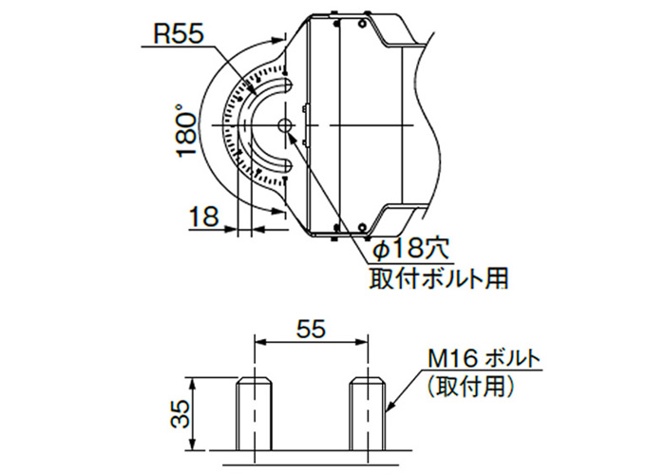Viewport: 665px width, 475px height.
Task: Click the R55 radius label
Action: click(179, 34)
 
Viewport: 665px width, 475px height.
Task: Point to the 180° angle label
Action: click(187, 131)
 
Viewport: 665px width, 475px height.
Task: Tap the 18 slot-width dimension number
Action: click(203, 216)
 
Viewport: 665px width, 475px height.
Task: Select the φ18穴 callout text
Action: click(409, 249)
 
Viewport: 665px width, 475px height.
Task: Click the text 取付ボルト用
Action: click(439, 278)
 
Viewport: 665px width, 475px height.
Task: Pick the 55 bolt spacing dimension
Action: click(311, 329)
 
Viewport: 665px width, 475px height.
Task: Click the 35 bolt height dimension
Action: click(180, 414)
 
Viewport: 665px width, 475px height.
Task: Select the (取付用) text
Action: click(471, 387)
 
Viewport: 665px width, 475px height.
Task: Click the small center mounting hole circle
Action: click(285, 125)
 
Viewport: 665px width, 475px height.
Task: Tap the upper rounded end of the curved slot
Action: click(285, 85)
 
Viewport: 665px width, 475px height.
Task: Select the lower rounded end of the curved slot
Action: click(285, 165)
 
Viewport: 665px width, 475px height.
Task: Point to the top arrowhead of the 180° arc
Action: click(277, 40)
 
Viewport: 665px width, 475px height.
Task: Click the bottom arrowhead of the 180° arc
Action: click(277, 210)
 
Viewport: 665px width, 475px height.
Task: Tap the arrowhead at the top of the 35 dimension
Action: click(193, 383)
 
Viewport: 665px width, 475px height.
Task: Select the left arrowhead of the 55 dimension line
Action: click(260, 341)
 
